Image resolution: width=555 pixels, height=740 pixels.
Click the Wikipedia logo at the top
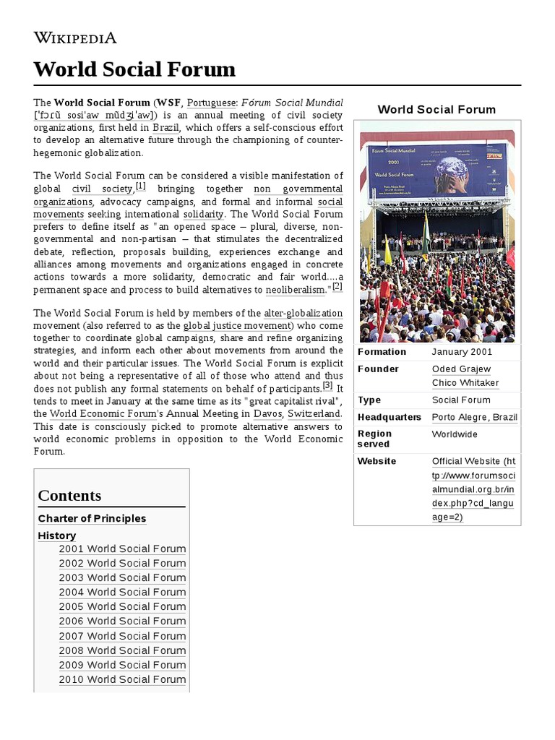point(75,38)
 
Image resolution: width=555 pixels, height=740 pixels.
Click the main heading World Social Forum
point(134,69)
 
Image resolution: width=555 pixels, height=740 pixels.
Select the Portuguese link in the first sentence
point(212,103)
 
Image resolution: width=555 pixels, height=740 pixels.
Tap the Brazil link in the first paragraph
point(165,128)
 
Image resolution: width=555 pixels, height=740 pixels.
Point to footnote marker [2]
point(337,287)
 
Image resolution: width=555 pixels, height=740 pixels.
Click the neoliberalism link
point(296,290)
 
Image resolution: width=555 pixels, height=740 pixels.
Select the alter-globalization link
point(304,313)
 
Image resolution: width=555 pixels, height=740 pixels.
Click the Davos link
point(267,414)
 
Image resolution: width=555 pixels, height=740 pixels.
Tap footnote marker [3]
point(327,386)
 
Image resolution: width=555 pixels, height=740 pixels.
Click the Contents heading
point(69,496)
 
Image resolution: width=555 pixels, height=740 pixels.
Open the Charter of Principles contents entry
point(92,518)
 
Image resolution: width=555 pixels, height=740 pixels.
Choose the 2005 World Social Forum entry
point(122,606)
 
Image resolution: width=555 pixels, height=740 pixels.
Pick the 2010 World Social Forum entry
point(122,679)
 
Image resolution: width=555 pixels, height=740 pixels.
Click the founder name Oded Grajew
point(461,369)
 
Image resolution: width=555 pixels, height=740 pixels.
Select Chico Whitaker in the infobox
point(465,383)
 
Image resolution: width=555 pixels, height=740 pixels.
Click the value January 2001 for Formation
point(462,352)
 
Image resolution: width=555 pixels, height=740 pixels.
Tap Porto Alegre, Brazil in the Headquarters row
point(475,417)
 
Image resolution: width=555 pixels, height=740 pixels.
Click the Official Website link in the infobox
point(473,489)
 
